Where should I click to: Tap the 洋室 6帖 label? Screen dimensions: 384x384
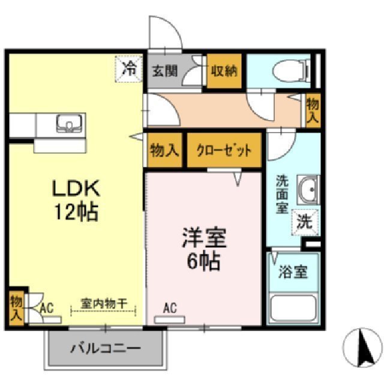coord(204,249)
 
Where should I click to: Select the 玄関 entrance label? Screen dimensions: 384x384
coord(164,70)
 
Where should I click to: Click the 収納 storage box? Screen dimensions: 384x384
coord(224,71)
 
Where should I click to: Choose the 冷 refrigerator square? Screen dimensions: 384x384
coord(129,68)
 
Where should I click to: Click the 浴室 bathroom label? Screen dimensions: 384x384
coord(293,272)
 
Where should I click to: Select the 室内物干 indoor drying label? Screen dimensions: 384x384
coord(104,305)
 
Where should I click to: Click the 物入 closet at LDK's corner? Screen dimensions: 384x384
coord(16,307)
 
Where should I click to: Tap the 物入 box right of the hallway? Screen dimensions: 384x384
coord(313,110)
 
